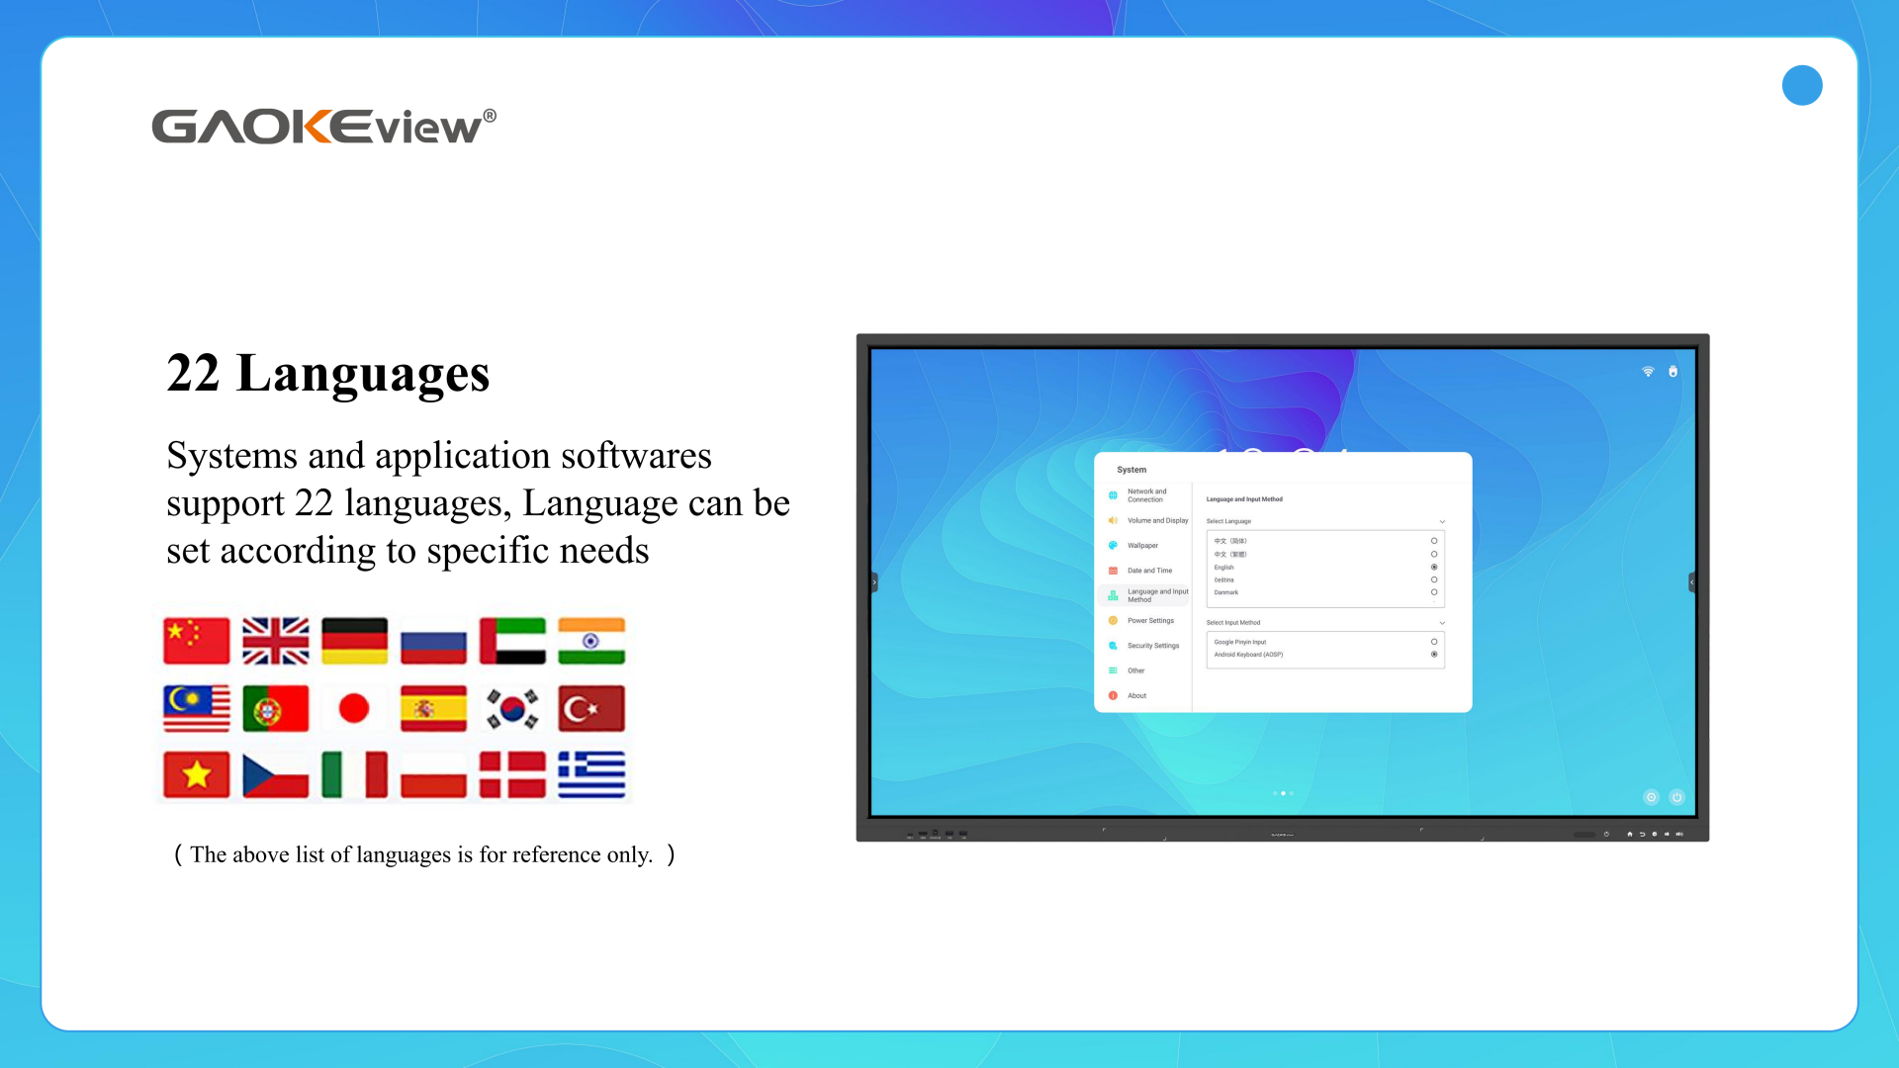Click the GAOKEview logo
tap(323, 127)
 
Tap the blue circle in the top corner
tap(1802, 85)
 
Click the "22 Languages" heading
tap(327, 374)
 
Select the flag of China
tap(197, 641)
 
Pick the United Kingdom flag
tap(276, 641)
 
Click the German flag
tap(354, 641)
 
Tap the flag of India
tap(591, 641)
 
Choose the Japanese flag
tap(354, 708)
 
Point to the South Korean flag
tap(512, 708)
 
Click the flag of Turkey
tap(591, 708)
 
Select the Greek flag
tap(591, 774)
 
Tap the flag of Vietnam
tap(197, 774)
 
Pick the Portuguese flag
tap(276, 708)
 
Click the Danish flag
tap(512, 774)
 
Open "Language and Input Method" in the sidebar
tap(1156, 595)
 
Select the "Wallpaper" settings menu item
tap(1142, 545)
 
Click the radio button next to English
tap(1434, 567)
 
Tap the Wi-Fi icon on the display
tap(1648, 372)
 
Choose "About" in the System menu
tap(1136, 695)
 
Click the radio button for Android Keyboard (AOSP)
tap(1434, 655)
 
